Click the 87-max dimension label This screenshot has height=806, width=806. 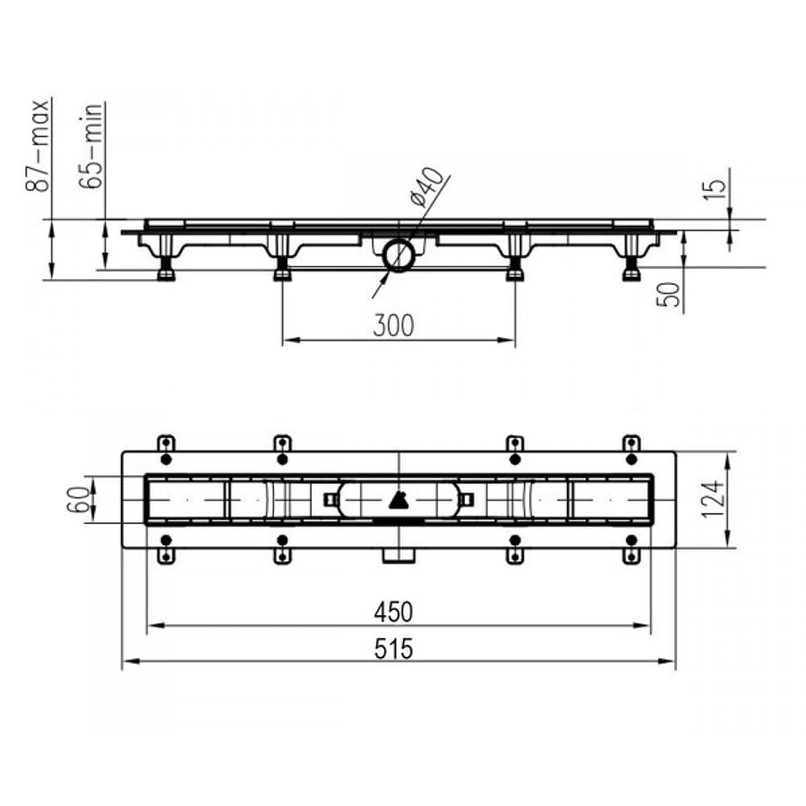(x=38, y=145)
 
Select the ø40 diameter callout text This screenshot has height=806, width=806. (x=426, y=186)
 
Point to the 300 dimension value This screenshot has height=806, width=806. (x=393, y=326)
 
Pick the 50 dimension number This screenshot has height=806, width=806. (x=669, y=294)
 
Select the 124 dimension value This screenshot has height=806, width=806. (x=713, y=500)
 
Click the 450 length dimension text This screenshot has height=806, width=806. (x=393, y=613)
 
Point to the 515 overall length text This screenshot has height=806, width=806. (x=393, y=649)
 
